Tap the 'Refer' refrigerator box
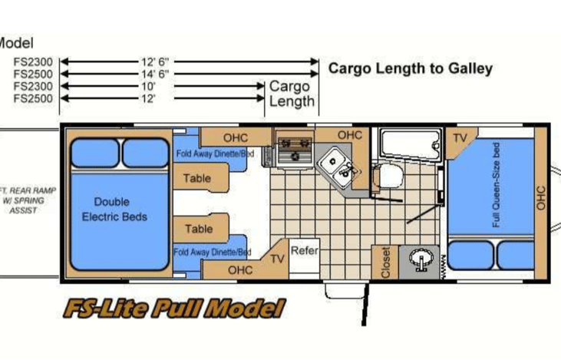tap(305, 251)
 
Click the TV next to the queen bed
tap(460, 138)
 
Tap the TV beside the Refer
tap(277, 259)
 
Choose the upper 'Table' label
tap(197, 179)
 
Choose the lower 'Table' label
tap(199, 229)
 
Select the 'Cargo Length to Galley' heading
tap(410, 68)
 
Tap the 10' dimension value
tap(148, 86)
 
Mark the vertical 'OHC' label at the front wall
tap(541, 197)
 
